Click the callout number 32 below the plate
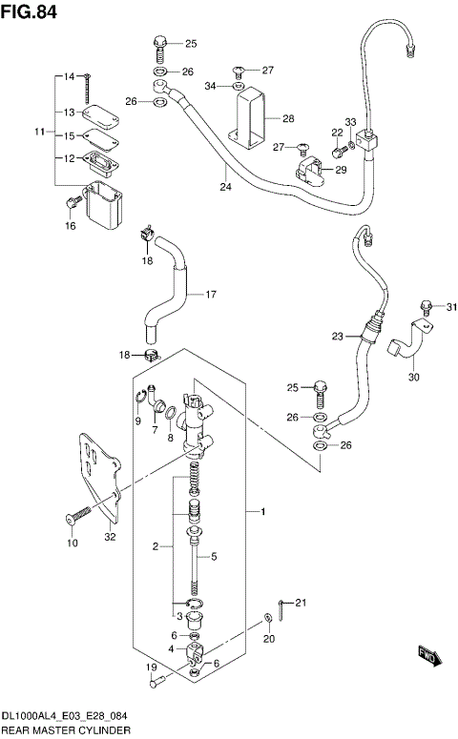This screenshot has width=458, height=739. coord(110,537)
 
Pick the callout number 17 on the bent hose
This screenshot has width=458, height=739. coord(211,294)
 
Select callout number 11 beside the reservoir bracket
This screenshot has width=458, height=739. coord(39,130)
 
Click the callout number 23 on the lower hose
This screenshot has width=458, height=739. coord(337,336)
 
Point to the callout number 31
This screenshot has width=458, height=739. coord(452,306)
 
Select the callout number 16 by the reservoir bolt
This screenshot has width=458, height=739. coord(69,225)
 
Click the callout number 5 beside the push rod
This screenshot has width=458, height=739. coord(214,557)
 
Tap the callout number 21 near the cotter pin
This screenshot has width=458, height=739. coord(302,602)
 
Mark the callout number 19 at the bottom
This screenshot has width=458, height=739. coord(151,667)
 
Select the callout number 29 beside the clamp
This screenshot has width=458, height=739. coord(341,170)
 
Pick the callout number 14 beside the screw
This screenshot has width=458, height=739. coord(69,75)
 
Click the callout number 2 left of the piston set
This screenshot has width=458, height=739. coord(155,546)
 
